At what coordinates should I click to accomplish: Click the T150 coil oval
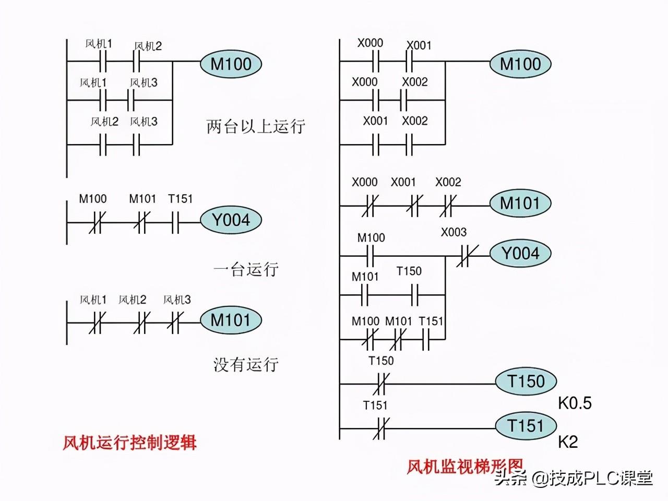click(x=526, y=381)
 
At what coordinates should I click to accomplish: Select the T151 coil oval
click(x=526, y=426)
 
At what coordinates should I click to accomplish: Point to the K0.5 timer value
click(x=575, y=403)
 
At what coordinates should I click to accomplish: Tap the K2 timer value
click(x=568, y=442)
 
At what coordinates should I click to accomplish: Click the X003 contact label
click(x=454, y=232)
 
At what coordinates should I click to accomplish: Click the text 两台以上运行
click(x=256, y=126)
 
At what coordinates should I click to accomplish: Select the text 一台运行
click(x=246, y=269)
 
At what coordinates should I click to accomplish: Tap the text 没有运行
click(x=246, y=365)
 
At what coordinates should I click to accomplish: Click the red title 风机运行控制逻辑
click(x=129, y=443)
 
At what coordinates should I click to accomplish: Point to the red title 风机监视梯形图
click(x=465, y=467)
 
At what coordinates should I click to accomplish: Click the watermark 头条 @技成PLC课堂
click(x=574, y=478)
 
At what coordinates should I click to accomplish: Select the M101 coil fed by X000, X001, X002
click(x=520, y=203)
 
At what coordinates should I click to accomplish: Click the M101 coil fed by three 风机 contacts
click(x=231, y=320)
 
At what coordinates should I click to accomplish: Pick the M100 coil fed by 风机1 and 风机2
click(x=231, y=64)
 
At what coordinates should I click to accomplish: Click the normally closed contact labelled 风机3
click(x=175, y=323)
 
